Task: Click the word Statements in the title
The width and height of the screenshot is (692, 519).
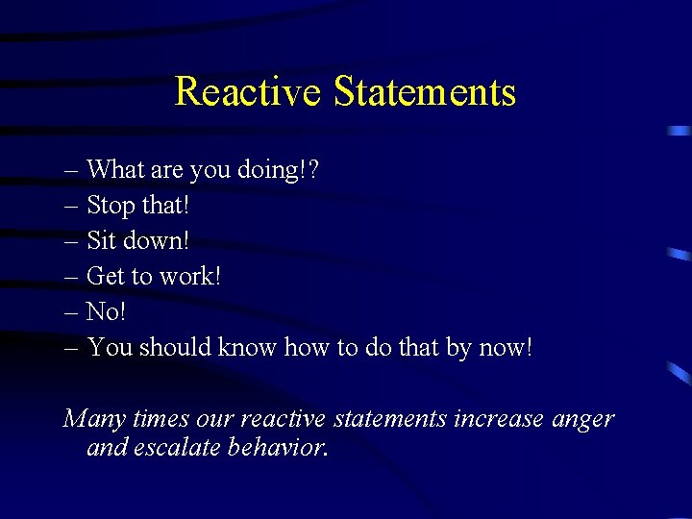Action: pyautogui.click(x=425, y=92)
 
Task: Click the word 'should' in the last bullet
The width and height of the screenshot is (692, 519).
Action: pyautogui.click(x=175, y=347)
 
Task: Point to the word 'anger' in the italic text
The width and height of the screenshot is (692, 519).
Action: pyautogui.click(x=582, y=420)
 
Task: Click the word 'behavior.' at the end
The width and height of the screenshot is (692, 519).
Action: pyautogui.click(x=281, y=448)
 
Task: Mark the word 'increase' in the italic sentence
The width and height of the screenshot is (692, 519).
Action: pyautogui.click(x=499, y=420)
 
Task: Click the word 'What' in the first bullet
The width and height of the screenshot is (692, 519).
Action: pyautogui.click(x=113, y=170)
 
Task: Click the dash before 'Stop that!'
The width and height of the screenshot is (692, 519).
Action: pyautogui.click(x=73, y=206)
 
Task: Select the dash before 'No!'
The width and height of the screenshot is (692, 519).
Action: pyautogui.click(x=73, y=312)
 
